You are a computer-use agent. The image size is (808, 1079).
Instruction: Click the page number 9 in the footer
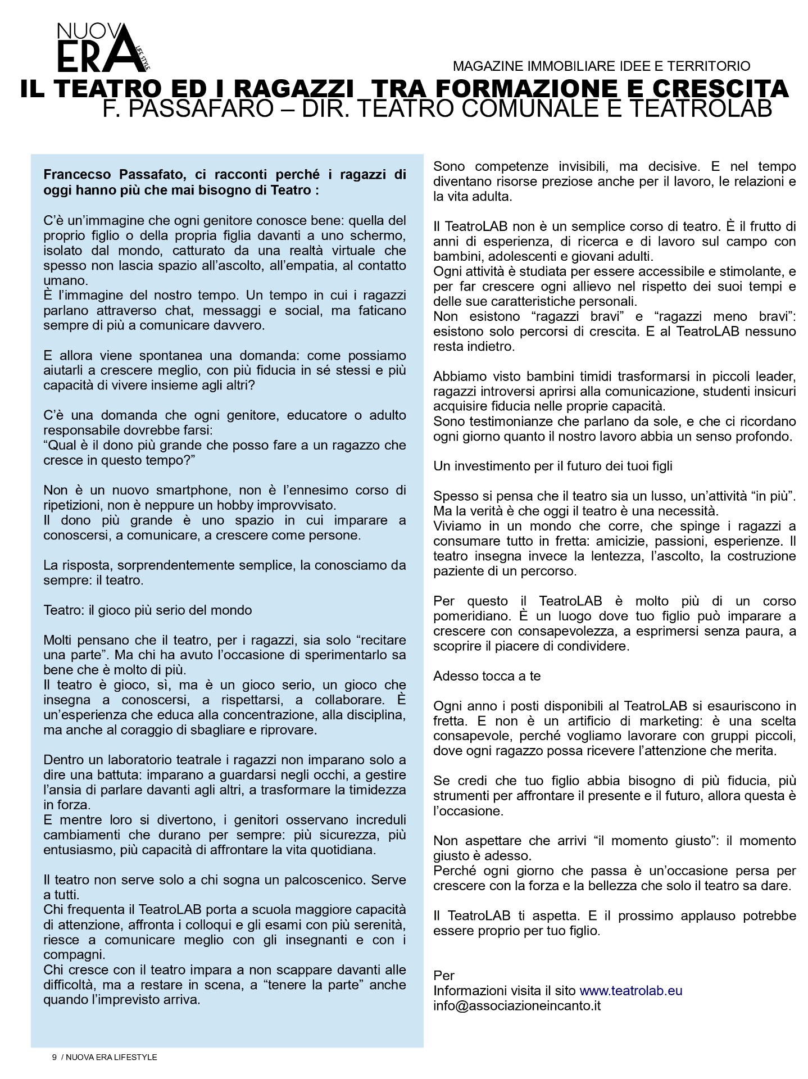tap(55, 1057)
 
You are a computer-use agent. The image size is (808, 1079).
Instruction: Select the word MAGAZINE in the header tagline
tap(487, 66)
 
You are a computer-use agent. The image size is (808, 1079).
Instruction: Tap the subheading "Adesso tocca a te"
tap(487, 676)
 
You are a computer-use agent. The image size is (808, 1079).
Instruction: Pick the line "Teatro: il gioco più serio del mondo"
tap(148, 610)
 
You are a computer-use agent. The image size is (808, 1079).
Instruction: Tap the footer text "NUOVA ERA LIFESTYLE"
tap(111, 1057)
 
